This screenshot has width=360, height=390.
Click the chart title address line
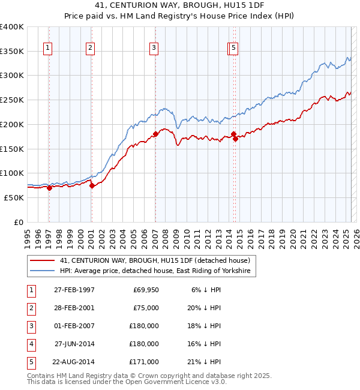tap(180, 5)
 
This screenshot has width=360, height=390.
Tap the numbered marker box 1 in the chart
tap(47, 49)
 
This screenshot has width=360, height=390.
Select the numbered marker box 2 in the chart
tap(90, 49)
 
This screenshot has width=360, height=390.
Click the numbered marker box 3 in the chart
tap(154, 49)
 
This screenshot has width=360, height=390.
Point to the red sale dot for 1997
tap(49, 188)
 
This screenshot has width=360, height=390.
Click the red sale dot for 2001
tap(92, 186)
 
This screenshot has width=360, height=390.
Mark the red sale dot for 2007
tap(155, 134)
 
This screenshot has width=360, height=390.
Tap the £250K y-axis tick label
tap(12, 100)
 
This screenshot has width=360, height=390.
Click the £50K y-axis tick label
tap(14, 197)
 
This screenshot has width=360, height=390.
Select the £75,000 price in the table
tap(146, 308)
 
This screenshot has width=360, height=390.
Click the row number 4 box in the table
tap(31, 344)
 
